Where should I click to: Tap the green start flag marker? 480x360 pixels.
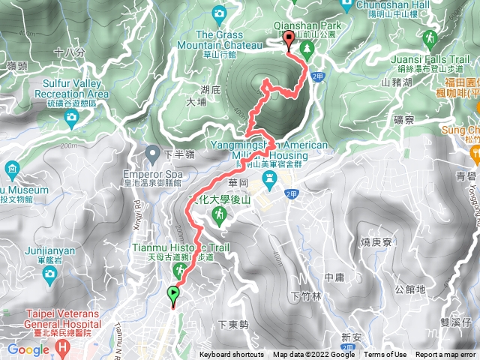pos(174,295)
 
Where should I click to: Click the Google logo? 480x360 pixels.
pos(28,349)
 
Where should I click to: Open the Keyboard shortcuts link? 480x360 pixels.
pos(232,355)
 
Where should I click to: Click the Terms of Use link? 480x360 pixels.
pos(385,355)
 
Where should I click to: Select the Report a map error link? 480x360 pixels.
pos(446,355)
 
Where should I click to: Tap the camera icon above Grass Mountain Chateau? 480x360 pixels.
pos(219,13)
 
